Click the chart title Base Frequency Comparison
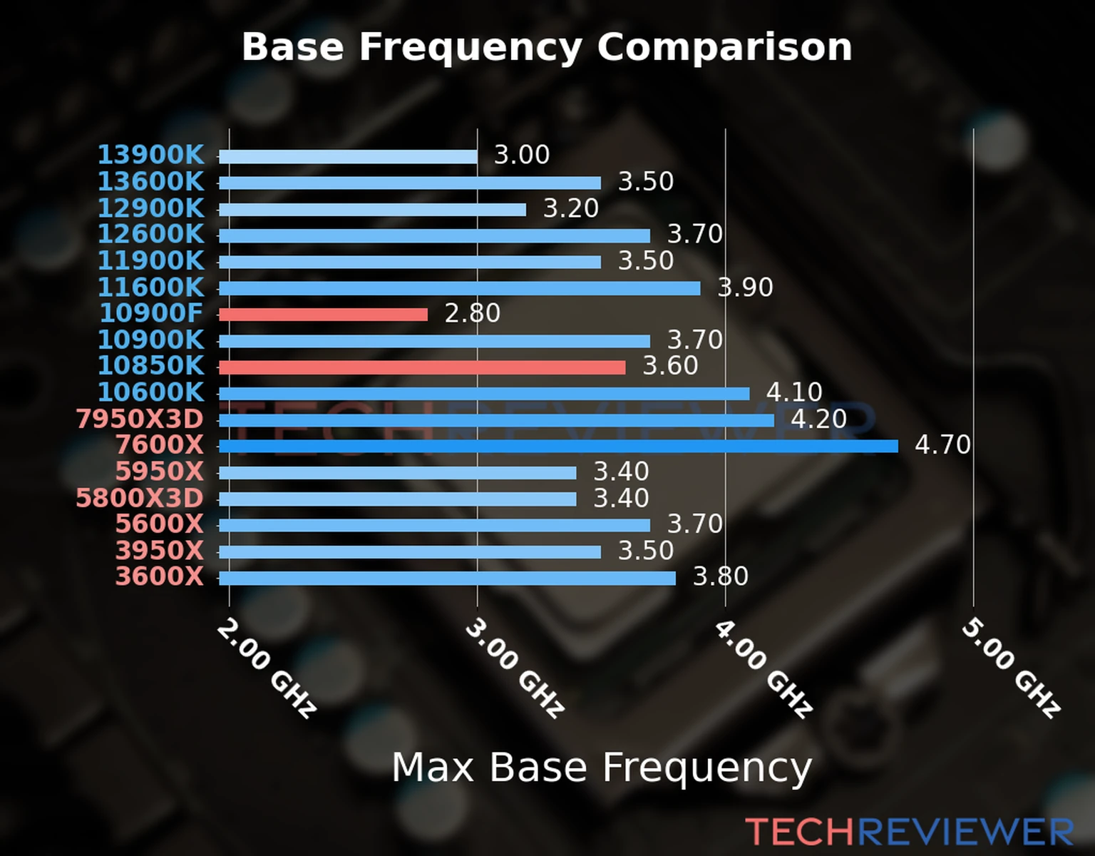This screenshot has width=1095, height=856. pyautogui.click(x=547, y=48)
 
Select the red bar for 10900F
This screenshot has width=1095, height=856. pyautogui.click(x=323, y=315)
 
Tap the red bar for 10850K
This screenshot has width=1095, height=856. pyautogui.click(x=422, y=367)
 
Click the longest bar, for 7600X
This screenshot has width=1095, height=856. pyautogui.click(x=558, y=447)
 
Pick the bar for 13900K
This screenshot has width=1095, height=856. pyautogui.click(x=348, y=157)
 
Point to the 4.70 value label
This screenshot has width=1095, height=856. pyautogui.click(x=942, y=445)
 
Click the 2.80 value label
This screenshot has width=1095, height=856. pyautogui.click(x=472, y=313)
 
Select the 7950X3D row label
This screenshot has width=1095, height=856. pyautogui.click(x=140, y=419)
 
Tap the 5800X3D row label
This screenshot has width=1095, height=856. pyautogui.click(x=140, y=498)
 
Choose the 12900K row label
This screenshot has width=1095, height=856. pyautogui.click(x=150, y=208)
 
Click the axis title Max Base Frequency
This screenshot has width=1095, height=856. pyautogui.click(x=602, y=768)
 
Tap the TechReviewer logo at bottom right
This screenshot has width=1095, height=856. pyautogui.click(x=909, y=832)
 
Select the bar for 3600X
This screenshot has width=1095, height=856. pyautogui.click(x=447, y=578)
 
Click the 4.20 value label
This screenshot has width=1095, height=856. pyautogui.click(x=818, y=419)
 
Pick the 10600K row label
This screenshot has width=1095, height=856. pyautogui.click(x=150, y=392)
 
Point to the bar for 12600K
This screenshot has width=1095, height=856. pyautogui.click(x=434, y=236)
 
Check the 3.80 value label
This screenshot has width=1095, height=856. pyautogui.click(x=721, y=576)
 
